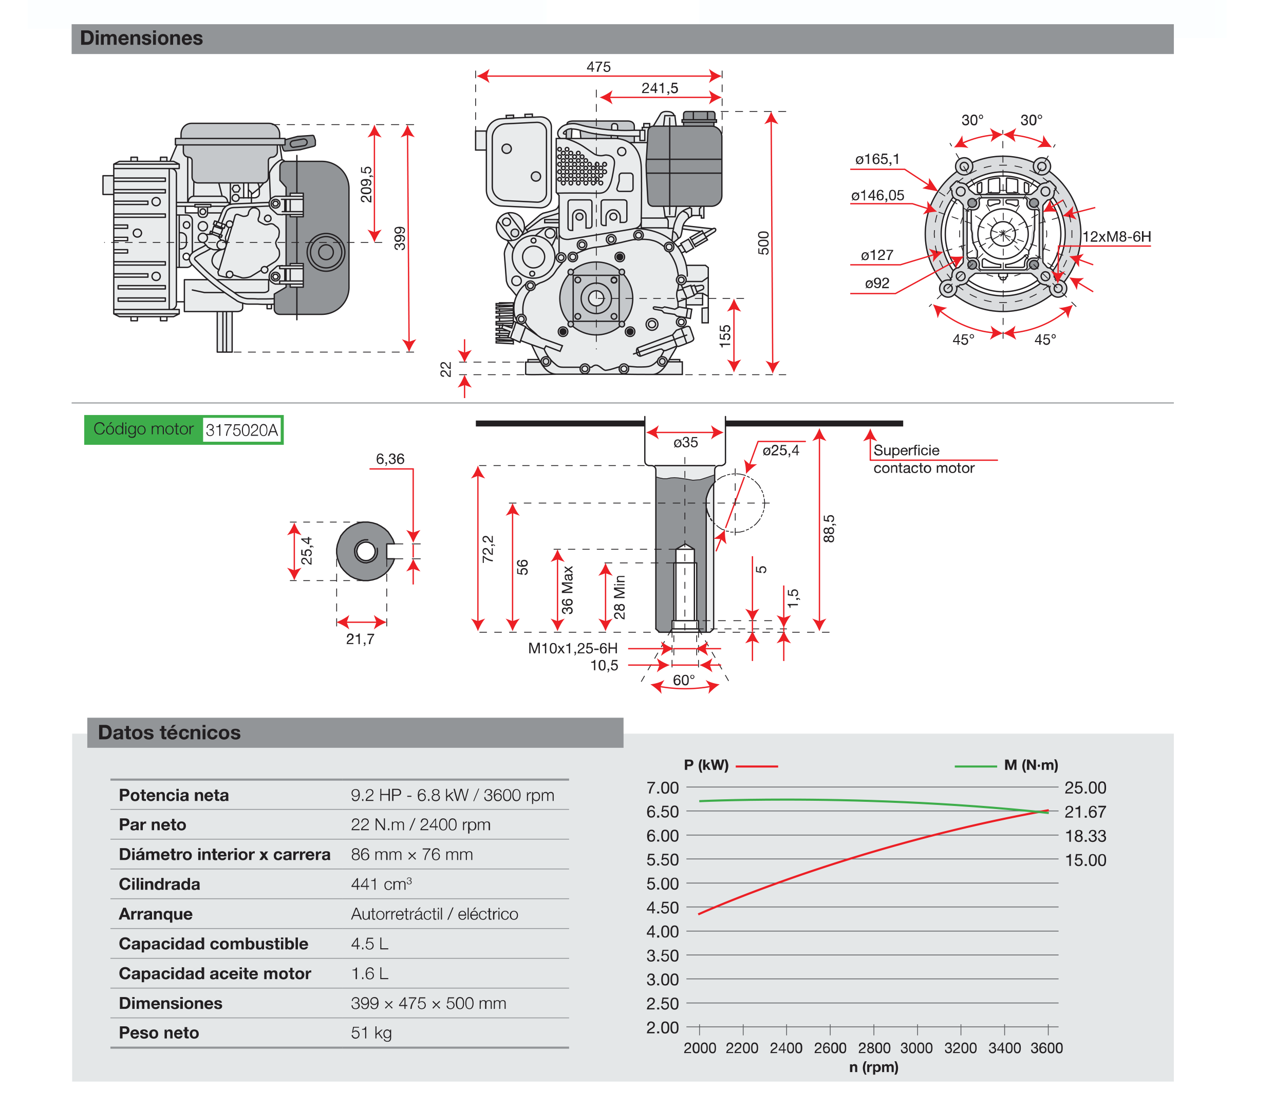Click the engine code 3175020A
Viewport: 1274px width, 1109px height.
241,430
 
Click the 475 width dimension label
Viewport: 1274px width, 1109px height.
598,67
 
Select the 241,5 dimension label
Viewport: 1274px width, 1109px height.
660,88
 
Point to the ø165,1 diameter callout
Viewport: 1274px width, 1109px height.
877,160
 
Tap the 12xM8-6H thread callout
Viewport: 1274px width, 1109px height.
1116,237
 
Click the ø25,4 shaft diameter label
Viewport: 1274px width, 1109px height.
780,450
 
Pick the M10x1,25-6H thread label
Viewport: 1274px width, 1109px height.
572,649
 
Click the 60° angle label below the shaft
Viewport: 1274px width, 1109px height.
684,680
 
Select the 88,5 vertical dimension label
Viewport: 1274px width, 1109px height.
829,529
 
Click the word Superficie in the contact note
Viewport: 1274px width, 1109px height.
906,450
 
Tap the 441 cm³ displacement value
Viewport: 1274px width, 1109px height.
381,885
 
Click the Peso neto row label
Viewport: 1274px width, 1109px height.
159,1033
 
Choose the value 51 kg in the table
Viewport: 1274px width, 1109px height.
371,1033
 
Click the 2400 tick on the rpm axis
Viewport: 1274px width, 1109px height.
786,1048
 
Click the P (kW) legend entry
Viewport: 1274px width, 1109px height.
706,765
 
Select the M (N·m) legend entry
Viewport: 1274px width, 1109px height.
1031,765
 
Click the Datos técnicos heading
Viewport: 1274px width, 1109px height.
169,732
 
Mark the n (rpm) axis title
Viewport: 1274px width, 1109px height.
874,1067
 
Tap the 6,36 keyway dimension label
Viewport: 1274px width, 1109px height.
390,459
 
